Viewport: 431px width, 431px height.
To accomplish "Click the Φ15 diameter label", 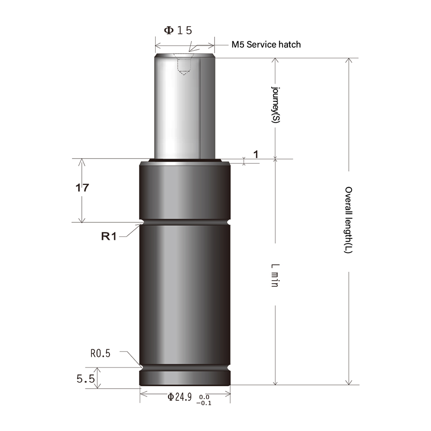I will (178, 30).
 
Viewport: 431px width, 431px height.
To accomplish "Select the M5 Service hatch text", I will (266, 44).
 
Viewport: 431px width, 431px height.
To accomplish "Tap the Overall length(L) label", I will (349, 220).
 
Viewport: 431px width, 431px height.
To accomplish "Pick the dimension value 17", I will (82, 188).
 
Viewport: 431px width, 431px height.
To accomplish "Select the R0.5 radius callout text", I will (100, 354).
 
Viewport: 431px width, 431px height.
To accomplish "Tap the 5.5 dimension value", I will (85, 379).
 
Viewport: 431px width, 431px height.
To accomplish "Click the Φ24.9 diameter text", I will (179, 397).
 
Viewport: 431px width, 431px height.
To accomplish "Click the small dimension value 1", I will (256, 154).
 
